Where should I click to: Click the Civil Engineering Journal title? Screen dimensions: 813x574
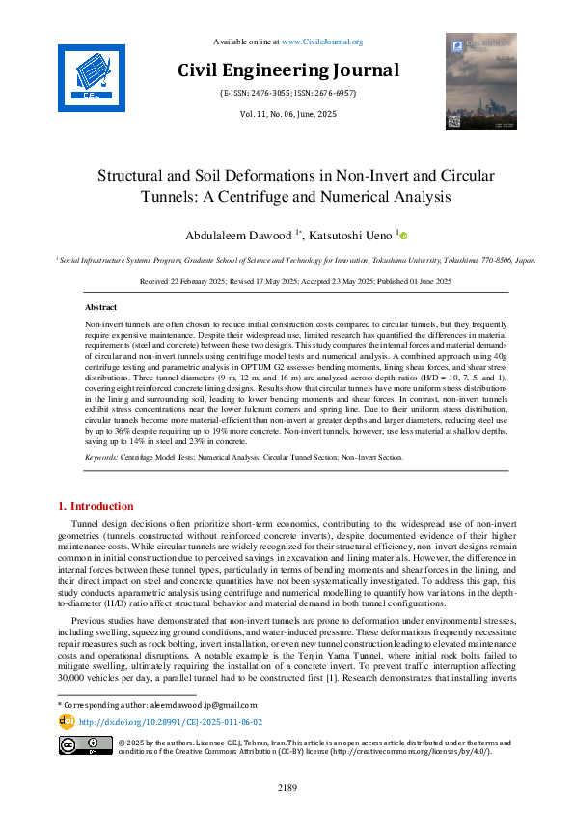pyautogui.click(x=287, y=70)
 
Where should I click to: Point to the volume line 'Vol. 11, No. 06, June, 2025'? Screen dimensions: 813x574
pyautogui.click(x=287, y=114)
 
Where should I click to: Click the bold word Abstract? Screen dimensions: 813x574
pyautogui.click(x=101, y=305)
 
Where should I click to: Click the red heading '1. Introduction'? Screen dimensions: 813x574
pyautogui.click(x=96, y=506)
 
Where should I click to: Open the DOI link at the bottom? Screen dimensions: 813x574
pyautogui.click(x=170, y=721)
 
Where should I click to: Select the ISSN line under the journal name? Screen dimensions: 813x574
pyautogui.click(x=287, y=94)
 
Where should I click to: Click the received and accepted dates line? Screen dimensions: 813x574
pyautogui.click(x=287, y=280)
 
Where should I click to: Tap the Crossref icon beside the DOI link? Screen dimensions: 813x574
pyautogui.click(x=67, y=721)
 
